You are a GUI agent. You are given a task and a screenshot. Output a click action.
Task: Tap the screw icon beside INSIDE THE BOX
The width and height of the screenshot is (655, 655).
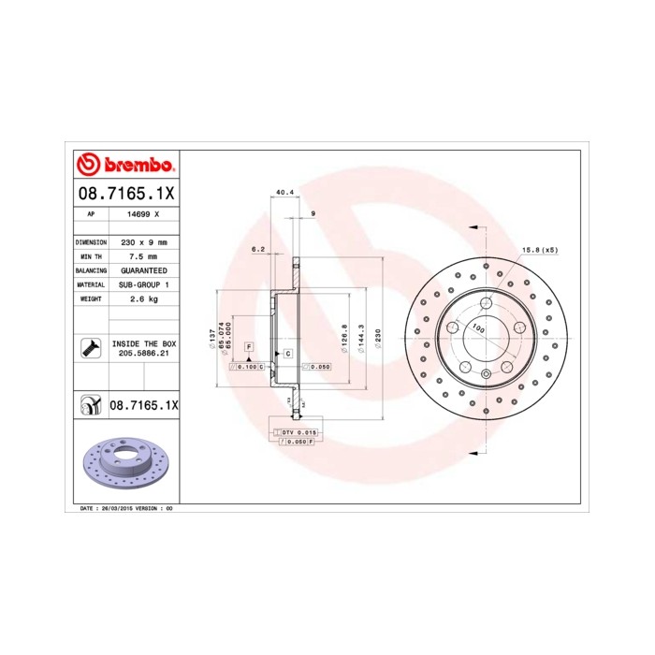91,348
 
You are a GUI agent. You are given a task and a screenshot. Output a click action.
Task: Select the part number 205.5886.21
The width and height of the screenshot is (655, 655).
143,354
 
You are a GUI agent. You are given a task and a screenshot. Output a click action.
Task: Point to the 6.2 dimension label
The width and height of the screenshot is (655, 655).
259,249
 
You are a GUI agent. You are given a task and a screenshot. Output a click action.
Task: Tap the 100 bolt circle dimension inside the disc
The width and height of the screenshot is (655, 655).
477,329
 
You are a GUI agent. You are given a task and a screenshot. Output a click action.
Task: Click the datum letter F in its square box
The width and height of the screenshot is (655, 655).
249,347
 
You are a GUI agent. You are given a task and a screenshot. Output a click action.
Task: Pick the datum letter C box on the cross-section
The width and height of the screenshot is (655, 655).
287,354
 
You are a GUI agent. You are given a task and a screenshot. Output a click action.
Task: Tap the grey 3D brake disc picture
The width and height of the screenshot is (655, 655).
124,465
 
